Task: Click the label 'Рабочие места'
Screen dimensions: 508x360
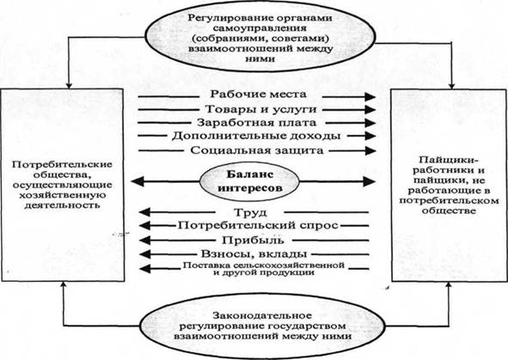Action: (x=258, y=95)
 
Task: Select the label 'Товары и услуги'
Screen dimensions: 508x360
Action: (x=260, y=109)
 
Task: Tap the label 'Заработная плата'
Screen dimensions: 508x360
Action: (x=256, y=123)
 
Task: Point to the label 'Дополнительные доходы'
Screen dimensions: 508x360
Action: (x=256, y=136)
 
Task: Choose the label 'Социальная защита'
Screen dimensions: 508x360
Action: (x=257, y=150)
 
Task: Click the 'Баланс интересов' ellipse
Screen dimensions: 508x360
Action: (x=249, y=181)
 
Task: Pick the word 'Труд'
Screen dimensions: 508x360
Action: (x=250, y=213)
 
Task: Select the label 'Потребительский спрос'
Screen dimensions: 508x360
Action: (x=258, y=225)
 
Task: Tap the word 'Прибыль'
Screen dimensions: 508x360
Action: (x=253, y=241)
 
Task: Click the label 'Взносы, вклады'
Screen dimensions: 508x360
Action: (x=254, y=253)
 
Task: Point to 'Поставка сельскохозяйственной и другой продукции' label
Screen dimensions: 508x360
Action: (x=263, y=269)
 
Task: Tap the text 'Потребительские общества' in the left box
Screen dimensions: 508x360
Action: (x=62, y=169)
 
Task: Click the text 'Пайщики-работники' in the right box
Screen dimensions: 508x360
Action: (x=449, y=165)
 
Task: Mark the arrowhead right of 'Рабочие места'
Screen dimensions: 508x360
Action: (x=370, y=96)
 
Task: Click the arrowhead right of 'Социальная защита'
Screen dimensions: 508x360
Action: (x=370, y=150)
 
